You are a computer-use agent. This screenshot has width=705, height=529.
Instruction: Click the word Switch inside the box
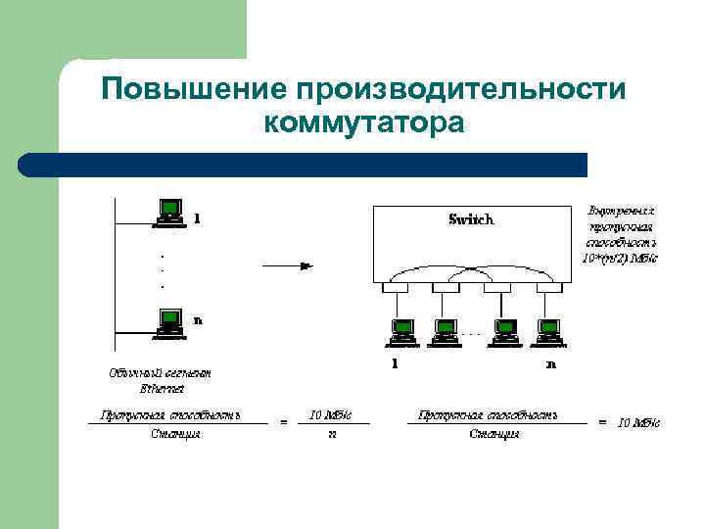point(471,219)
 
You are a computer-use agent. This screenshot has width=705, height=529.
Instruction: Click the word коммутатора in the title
point(363,125)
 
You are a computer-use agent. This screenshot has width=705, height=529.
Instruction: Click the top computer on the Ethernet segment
point(169,212)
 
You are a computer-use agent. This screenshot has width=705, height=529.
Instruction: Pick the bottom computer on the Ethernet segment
point(169,321)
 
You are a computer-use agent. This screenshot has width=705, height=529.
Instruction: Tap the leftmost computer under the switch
point(399,333)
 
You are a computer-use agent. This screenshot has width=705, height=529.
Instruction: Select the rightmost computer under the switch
point(548,333)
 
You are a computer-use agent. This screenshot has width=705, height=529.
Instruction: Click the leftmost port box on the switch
point(396,289)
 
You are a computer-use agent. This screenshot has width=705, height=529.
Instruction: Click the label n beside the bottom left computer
point(198,319)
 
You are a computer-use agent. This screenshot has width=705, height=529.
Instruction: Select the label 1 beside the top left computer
point(198,217)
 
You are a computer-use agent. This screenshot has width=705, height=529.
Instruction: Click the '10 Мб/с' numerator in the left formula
point(331,414)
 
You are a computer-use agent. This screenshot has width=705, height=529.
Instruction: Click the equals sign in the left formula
point(284,422)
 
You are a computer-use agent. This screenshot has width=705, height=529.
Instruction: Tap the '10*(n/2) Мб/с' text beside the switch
point(621,259)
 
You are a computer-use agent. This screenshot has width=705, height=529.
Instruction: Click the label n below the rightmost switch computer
point(551,364)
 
